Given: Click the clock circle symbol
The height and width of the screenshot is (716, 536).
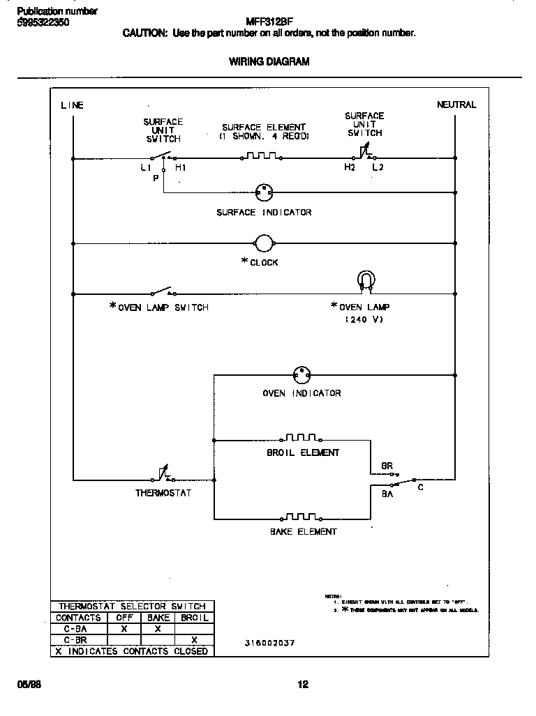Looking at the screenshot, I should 265,243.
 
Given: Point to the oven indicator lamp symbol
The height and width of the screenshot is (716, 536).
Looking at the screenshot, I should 301,374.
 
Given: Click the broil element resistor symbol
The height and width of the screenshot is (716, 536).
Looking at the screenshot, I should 301,438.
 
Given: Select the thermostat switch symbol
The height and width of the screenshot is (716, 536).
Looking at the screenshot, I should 163,476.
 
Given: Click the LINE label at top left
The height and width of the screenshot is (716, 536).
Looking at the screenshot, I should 72,105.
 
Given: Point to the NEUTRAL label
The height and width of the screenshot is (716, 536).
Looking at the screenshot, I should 456,105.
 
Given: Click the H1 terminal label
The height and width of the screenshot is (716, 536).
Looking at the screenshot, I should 181,168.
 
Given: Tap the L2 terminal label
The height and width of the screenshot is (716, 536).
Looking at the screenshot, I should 378,168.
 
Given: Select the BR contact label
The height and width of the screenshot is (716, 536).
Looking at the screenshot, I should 387,466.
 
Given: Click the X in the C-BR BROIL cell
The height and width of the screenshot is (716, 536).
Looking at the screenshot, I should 194,639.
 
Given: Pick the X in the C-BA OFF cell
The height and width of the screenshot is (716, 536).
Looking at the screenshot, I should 124,628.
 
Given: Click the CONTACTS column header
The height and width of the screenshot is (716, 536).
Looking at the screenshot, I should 78,618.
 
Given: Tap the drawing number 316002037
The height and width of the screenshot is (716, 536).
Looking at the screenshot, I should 270,643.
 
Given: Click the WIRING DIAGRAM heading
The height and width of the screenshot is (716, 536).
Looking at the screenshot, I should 269,61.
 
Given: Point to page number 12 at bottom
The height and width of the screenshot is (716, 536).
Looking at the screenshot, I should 303,684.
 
